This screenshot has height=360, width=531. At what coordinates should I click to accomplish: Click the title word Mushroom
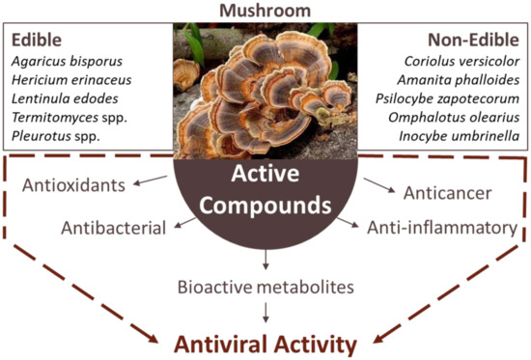[x=265, y=10]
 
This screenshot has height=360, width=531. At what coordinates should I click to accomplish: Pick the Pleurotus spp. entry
[x=55, y=140]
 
